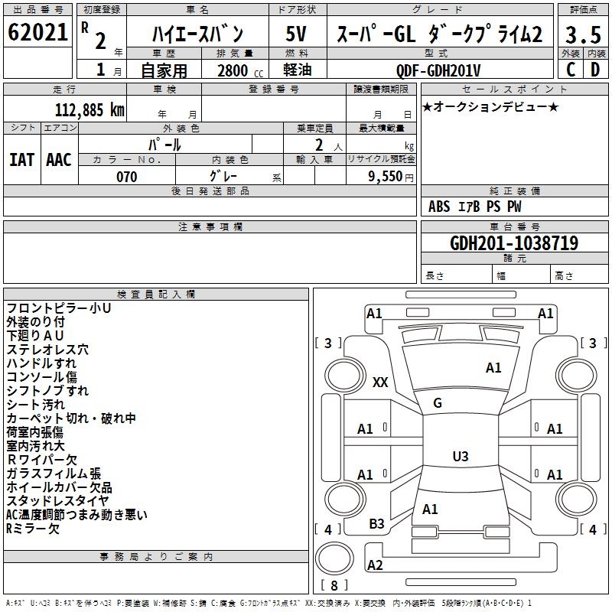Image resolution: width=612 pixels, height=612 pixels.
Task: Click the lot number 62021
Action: coord(37,32)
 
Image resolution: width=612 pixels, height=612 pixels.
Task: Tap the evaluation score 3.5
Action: coord(582,35)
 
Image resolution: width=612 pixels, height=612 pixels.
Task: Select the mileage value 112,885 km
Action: coord(90,109)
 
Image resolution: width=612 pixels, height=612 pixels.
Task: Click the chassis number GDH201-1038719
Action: coord(514,243)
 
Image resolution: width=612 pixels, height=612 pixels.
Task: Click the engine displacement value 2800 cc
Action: coord(236,70)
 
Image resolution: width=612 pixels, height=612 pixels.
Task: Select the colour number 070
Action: coord(126,177)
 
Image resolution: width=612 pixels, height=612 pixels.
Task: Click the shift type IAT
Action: coord(21,159)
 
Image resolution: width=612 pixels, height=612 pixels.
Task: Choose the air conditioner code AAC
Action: coord(59,159)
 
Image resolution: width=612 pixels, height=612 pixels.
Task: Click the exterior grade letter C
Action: coord(570,70)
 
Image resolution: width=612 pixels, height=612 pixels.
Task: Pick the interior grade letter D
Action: coord(595,70)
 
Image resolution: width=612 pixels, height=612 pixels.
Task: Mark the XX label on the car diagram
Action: coord(380,382)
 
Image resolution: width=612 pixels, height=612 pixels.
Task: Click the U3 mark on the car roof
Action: coord(460,457)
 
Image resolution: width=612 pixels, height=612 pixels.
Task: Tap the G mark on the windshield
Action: coord(438,403)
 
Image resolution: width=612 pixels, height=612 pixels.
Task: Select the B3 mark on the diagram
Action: coord(377,523)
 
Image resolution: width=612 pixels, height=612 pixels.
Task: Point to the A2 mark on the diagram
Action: coord(375,565)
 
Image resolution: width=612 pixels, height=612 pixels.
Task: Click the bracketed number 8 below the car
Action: coord(334,586)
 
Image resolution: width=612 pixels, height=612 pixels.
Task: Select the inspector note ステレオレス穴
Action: coord(47,349)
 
